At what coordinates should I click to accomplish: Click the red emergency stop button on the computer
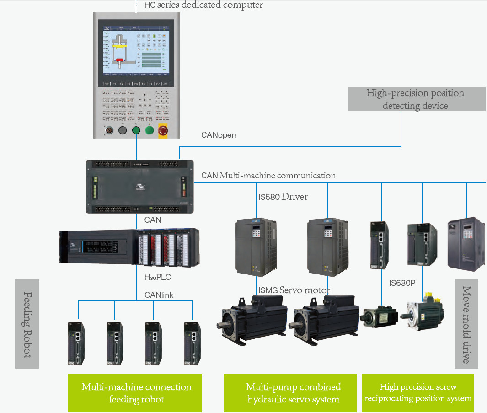pyautogui.click(x=163, y=131)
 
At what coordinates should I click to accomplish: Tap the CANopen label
pyautogui.click(x=219, y=135)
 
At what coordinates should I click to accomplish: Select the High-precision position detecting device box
pyautogui.click(x=416, y=99)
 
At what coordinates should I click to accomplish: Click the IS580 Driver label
pyautogui.click(x=283, y=197)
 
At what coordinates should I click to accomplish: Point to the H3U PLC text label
pyautogui.click(x=158, y=277)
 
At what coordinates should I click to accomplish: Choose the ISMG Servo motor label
pyautogui.click(x=294, y=290)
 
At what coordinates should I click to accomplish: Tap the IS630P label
pyautogui.click(x=402, y=283)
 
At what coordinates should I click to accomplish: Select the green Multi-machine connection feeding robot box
pyautogui.click(x=136, y=393)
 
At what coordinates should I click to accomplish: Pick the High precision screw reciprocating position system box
pyautogui.click(x=417, y=393)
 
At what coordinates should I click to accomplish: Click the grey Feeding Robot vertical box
pyautogui.click(x=27, y=323)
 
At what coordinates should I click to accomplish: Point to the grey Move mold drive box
pyautogui.click(x=466, y=323)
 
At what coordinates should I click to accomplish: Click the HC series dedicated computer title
pyautogui.click(x=203, y=5)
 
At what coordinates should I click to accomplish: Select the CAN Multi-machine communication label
pyautogui.click(x=268, y=176)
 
